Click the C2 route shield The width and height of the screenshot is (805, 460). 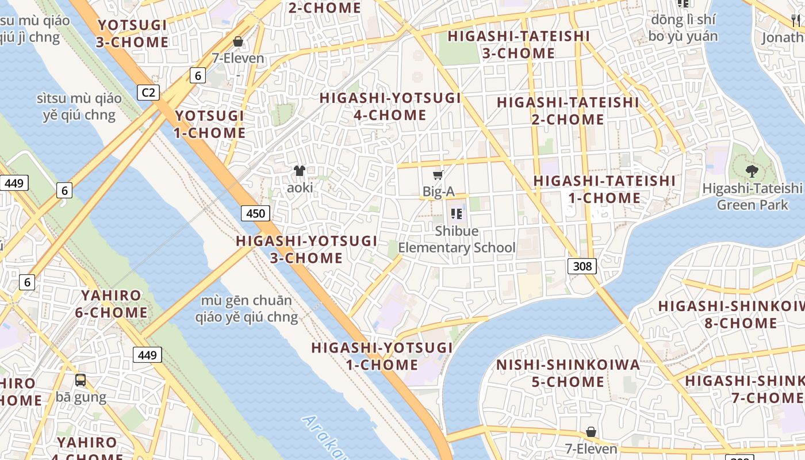[148, 92]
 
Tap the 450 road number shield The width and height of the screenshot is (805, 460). [255, 214]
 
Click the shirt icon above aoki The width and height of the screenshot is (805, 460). [300, 170]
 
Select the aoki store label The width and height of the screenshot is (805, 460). [300, 187]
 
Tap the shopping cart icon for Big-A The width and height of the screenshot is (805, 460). [438, 175]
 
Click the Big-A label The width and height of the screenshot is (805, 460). [439, 191]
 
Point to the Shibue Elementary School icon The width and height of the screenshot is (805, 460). [457, 214]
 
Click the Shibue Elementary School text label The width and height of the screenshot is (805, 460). [457, 239]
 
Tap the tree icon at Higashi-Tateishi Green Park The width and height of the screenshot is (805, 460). [751, 171]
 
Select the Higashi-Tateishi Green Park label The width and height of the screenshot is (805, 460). [752, 196]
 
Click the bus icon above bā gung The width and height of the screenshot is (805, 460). [80, 379]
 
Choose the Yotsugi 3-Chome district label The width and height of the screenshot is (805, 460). [133, 33]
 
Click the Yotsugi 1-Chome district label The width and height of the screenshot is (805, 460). [210, 124]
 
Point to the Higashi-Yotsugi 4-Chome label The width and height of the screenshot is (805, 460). [390, 106]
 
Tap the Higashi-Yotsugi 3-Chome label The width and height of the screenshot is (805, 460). [306, 249]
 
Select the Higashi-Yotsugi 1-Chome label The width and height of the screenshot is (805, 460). [382, 356]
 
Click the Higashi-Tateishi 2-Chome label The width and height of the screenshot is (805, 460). [568, 111]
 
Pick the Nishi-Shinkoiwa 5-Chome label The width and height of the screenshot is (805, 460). [568, 373]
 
